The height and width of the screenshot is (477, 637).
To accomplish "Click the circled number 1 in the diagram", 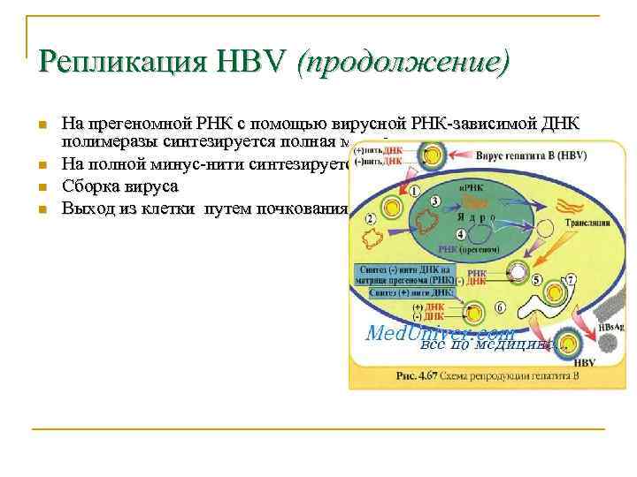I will tap(415, 189).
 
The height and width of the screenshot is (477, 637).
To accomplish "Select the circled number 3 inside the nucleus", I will tap(434, 202).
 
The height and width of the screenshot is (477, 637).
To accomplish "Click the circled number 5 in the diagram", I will tap(537, 279).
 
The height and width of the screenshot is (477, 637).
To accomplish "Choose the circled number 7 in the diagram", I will tap(571, 279).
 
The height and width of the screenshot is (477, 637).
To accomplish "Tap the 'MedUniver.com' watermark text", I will tap(440, 333).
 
